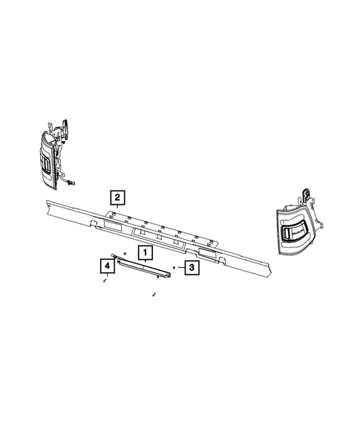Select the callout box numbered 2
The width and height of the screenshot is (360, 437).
117,197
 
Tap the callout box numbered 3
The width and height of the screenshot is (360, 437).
191,267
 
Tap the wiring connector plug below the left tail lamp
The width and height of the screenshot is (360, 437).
72,181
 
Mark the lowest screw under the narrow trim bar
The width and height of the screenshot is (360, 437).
153,295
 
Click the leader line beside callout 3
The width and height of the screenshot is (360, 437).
180,267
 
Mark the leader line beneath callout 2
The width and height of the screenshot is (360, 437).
117,208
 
